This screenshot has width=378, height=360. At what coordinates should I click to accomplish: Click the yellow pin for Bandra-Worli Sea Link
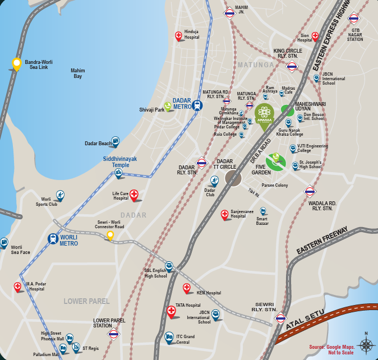(x=17, y=64)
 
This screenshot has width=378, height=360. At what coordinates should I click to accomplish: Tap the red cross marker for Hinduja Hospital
(x=179, y=36)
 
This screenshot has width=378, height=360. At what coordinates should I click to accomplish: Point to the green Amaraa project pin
(x=264, y=115)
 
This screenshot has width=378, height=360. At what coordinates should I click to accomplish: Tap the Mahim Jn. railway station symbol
(x=229, y=14)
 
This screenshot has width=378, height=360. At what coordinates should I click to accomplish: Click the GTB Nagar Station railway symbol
(x=354, y=18)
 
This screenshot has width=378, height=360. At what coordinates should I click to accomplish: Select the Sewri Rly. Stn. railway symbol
(x=280, y=319)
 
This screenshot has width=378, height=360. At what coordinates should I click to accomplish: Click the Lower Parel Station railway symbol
(x=114, y=335)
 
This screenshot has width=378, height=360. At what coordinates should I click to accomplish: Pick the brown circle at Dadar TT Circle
(x=233, y=178)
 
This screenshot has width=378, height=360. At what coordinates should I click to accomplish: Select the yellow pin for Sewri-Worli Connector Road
(x=110, y=236)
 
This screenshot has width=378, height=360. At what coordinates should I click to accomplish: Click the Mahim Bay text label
(x=77, y=73)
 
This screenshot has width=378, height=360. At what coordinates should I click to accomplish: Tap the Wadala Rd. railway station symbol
(x=309, y=191)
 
